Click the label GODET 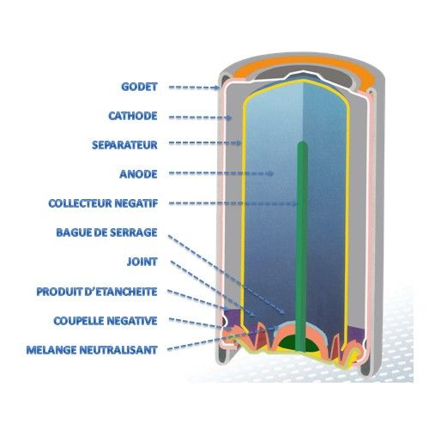139,87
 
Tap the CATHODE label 133,116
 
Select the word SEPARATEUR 124,145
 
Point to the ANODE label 138,174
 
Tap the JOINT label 142,262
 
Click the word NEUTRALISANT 118,350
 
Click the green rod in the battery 302,246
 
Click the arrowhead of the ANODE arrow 270,173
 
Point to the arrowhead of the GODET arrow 216,88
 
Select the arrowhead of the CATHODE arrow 228,118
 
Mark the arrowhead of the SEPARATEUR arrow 239,142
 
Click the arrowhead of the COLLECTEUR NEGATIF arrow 293,203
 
